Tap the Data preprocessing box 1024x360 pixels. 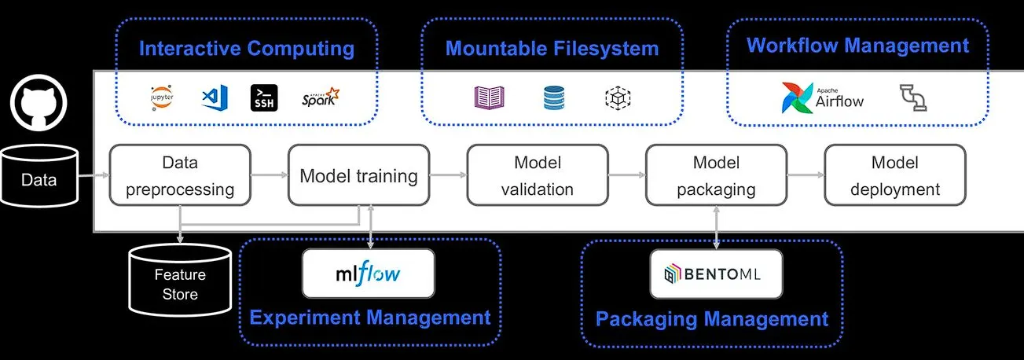(180, 175)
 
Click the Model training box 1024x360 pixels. (358, 175)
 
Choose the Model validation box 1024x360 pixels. (538, 175)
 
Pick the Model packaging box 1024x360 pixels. (716, 175)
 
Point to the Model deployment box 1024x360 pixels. (894, 175)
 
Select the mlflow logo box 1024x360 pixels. (369, 274)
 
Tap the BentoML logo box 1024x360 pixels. (716, 274)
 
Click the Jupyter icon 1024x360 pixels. (163, 97)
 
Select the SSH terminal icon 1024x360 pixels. (263, 97)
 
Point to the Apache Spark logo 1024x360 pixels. (320, 97)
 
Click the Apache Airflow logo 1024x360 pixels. (823, 97)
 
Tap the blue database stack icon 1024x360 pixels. (554, 97)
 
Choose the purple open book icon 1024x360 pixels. (489, 97)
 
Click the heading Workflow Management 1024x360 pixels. (857, 46)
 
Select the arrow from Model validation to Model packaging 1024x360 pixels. (626, 176)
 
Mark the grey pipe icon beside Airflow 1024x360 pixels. (912, 97)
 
